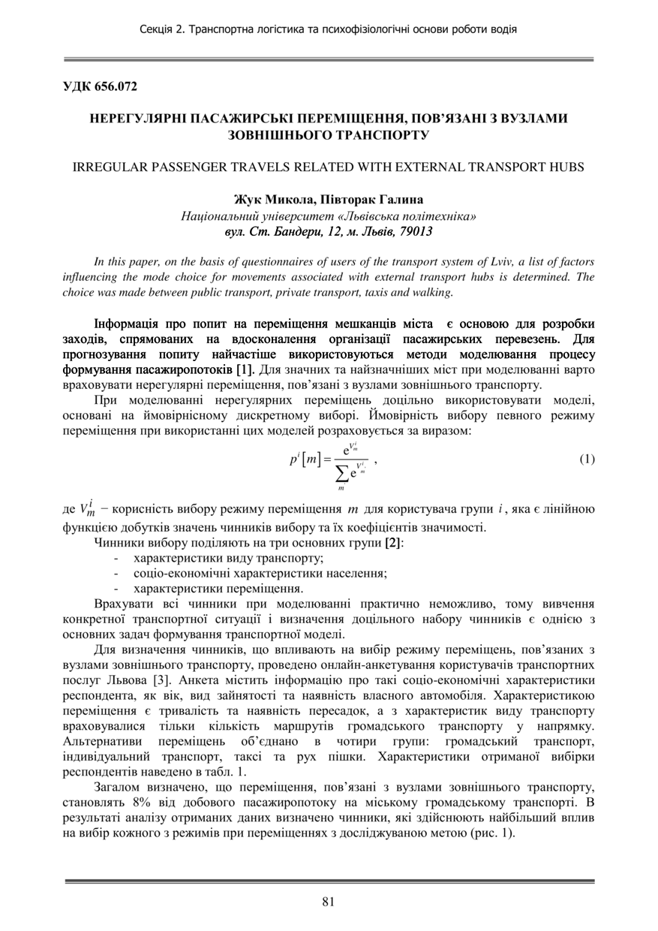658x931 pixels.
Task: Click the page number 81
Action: pyautogui.click(x=328, y=902)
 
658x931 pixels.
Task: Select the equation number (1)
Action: pyautogui.click(x=587, y=459)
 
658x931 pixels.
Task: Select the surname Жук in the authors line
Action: pyautogui.click(x=250, y=200)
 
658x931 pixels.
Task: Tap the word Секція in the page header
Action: pyautogui.click(x=157, y=29)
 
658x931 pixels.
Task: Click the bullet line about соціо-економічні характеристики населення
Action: pyautogui.click(x=260, y=573)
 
